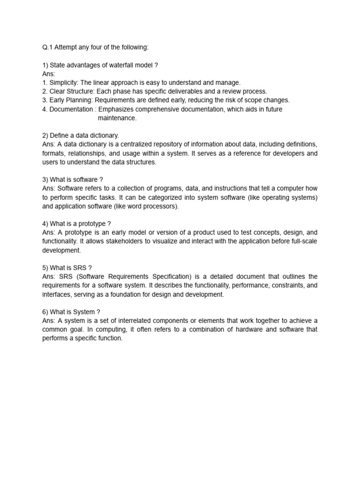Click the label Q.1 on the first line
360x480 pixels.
click(47, 47)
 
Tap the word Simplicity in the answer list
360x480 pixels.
click(64, 82)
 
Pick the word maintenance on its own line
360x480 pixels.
click(117, 118)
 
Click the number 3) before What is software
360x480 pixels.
click(45, 180)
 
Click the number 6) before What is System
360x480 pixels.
click(45, 312)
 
